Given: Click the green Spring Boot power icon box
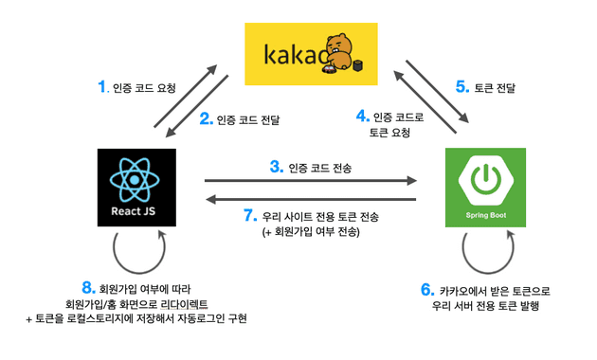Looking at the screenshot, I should click(x=484, y=187).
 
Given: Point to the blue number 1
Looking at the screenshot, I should click(x=103, y=87).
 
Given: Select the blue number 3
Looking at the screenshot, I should click(x=276, y=167).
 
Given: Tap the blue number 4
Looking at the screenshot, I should click(x=361, y=117).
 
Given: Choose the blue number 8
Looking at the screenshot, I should click(x=88, y=286).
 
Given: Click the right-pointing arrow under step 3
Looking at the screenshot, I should click(x=312, y=180).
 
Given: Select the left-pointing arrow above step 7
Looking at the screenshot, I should click(x=312, y=198).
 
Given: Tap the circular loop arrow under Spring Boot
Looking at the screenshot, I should click(x=484, y=251).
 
